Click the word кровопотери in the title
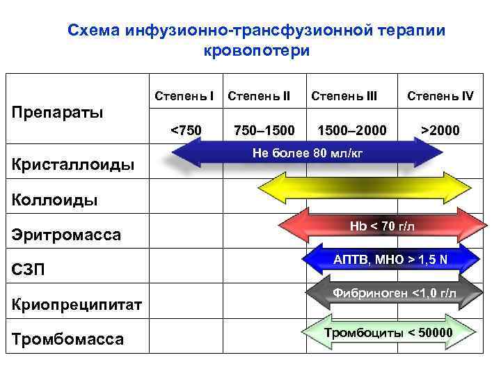tap(257, 51)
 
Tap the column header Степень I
tap(183, 95)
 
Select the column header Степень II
tap(259, 95)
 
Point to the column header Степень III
tap(344, 95)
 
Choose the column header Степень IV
tap(440, 95)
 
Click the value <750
tap(186, 130)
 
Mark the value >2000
tap(440, 130)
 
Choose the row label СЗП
tap(30, 269)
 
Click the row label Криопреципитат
tap(77, 304)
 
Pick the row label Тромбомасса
tap(68, 339)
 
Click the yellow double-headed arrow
tap(365, 188)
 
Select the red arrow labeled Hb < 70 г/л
tap(382, 226)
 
